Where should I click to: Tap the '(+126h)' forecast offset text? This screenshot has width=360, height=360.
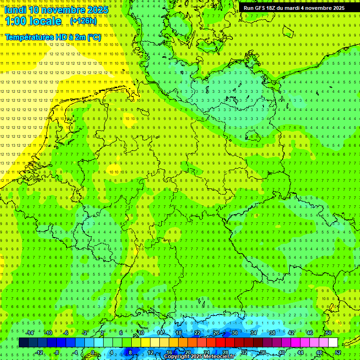(x=83, y=21)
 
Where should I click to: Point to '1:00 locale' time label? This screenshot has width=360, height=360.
(x=33, y=21)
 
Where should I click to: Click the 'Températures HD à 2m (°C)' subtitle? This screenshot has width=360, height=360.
(x=53, y=37)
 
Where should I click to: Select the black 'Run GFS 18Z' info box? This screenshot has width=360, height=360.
(x=294, y=8)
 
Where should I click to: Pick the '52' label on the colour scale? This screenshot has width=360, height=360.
(x=338, y=352)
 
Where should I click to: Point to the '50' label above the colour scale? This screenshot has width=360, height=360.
(x=329, y=333)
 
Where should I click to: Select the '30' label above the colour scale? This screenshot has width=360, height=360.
(x=235, y=333)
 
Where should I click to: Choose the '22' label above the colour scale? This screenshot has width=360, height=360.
(x=197, y=333)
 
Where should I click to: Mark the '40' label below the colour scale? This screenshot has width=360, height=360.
(x=282, y=352)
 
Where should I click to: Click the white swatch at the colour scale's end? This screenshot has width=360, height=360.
(x=333, y=343)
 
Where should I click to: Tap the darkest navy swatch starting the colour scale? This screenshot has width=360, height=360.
(x=23, y=343)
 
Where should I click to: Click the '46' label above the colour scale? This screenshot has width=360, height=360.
(x=310, y=333)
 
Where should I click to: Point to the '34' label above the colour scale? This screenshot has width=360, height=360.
(x=254, y=333)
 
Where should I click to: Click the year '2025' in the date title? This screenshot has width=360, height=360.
(x=98, y=10)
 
